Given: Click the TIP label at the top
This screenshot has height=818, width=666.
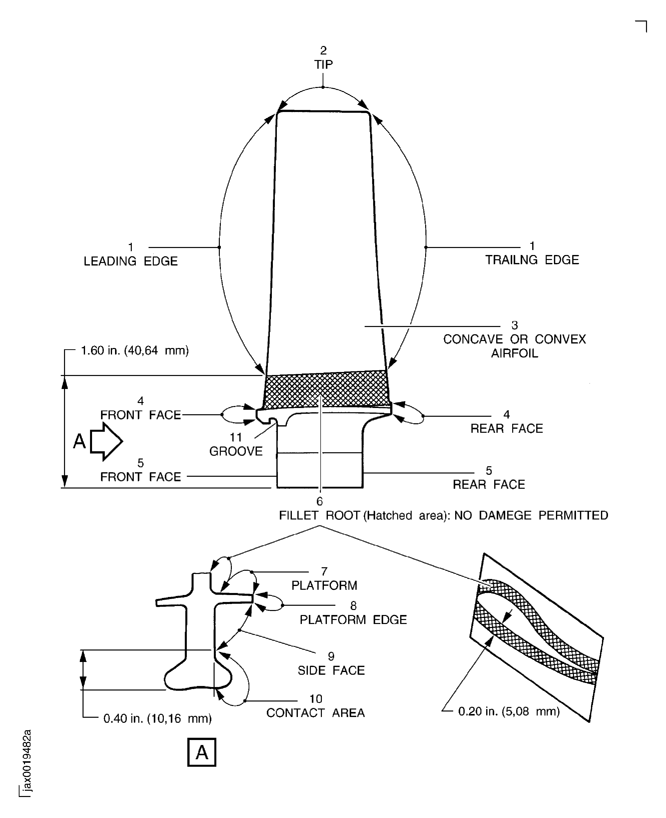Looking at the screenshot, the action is click(323, 64).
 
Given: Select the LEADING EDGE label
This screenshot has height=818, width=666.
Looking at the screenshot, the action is click(131, 261).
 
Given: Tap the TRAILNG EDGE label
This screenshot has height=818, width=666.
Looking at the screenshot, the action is click(532, 260).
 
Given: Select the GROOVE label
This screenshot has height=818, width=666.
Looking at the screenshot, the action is click(236, 451).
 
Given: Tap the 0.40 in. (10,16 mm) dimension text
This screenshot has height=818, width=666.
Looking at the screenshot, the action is click(158, 718).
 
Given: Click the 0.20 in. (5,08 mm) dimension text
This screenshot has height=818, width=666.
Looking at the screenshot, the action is click(509, 711).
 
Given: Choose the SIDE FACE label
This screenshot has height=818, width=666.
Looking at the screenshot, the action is click(331, 670).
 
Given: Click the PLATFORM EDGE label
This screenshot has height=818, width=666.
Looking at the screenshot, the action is click(353, 620).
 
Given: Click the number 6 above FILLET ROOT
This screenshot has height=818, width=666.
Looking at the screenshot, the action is click(320, 501).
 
